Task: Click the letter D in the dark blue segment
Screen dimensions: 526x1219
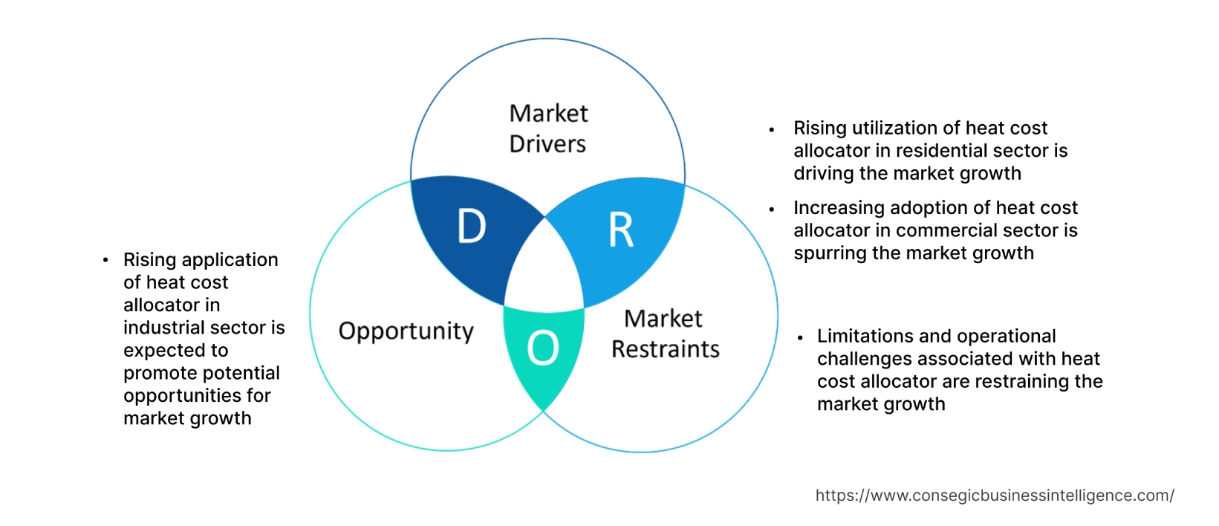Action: (472, 227)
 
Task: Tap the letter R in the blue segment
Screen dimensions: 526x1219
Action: (621, 230)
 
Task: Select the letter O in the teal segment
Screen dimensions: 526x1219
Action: (543, 348)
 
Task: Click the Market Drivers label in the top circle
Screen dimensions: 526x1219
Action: (548, 129)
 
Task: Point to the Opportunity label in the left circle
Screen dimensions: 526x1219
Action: (406, 331)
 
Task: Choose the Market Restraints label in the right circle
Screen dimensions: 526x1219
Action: (665, 334)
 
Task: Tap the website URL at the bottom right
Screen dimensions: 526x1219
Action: (995, 496)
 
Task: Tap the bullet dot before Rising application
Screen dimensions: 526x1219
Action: (105, 260)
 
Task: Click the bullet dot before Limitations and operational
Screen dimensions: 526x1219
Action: (800, 337)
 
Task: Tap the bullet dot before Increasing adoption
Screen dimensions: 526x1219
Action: (772, 210)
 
